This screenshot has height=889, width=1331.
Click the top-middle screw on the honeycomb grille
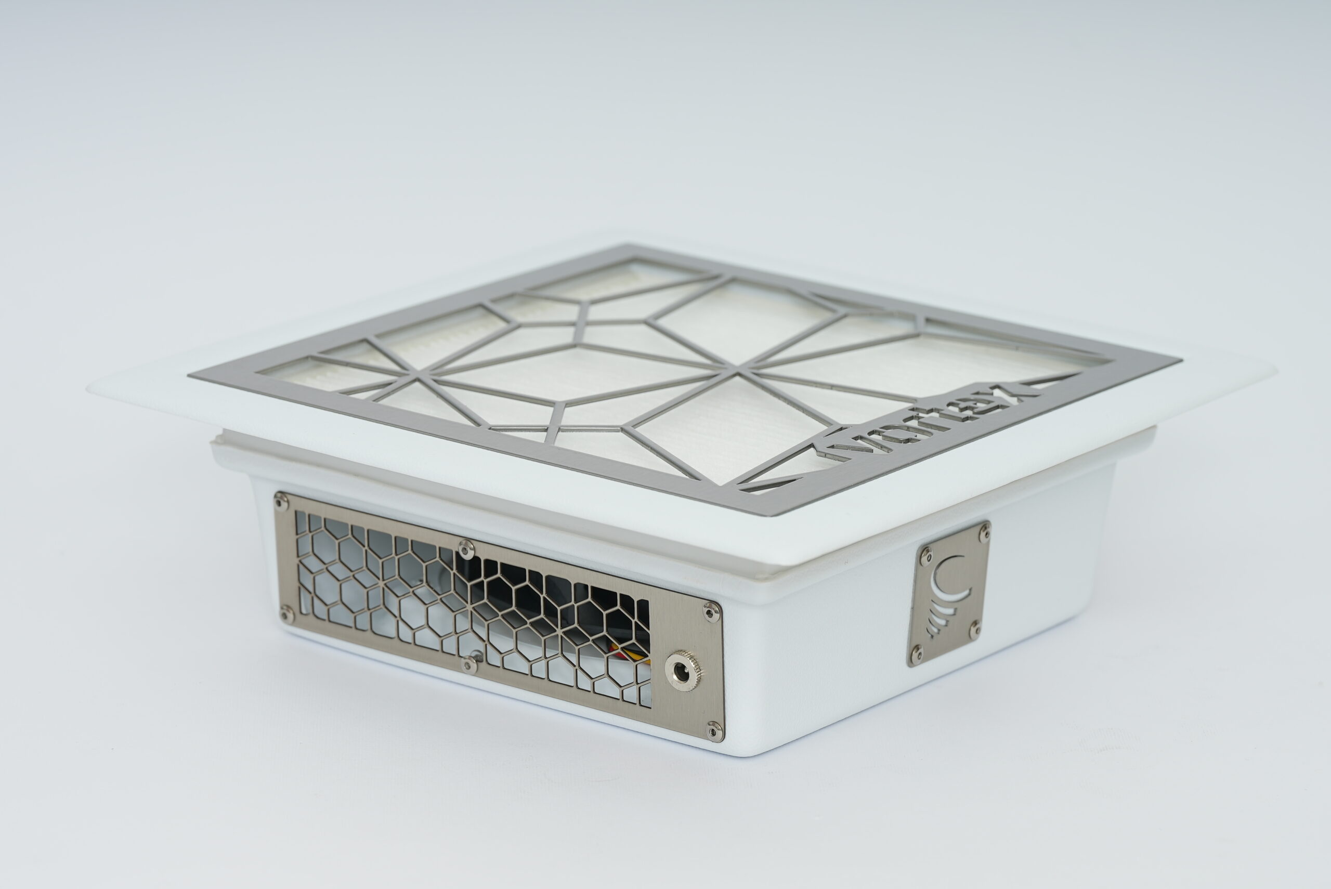coord(466,547)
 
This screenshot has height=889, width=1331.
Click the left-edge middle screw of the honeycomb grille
coord(286,613)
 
